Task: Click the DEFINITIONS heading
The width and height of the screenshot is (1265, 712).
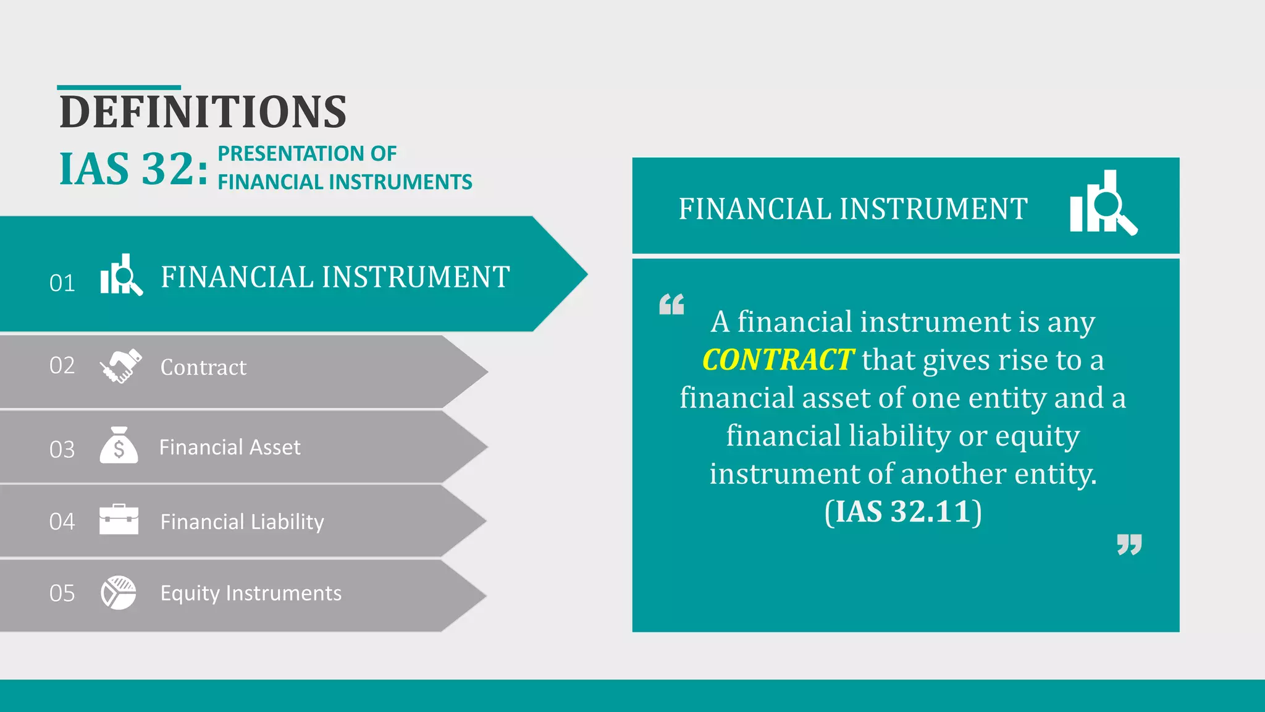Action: (x=203, y=112)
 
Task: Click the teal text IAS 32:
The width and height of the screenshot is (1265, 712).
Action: (x=133, y=169)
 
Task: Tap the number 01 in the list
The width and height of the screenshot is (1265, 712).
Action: (x=62, y=283)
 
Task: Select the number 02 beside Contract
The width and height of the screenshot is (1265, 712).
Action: (x=62, y=365)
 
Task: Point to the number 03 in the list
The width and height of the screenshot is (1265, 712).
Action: (x=62, y=449)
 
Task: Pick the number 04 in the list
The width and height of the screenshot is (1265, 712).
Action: (x=62, y=522)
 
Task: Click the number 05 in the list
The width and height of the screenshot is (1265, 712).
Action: (x=62, y=593)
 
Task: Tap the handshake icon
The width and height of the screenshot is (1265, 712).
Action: (x=120, y=366)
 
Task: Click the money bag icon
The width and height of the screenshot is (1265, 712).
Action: (x=119, y=446)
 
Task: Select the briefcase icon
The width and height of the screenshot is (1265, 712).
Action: (x=119, y=519)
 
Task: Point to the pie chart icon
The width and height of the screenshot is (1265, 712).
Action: (x=119, y=593)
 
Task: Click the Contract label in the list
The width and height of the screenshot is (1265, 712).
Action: (x=203, y=367)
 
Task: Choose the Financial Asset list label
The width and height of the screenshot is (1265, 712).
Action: (x=230, y=447)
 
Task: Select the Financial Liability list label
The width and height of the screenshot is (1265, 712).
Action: (x=242, y=522)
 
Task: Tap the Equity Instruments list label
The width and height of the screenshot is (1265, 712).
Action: (x=251, y=593)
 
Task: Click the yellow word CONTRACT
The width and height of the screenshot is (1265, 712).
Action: (x=778, y=360)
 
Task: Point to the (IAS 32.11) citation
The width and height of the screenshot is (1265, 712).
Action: (x=903, y=512)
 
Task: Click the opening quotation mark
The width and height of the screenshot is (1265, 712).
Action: (x=671, y=304)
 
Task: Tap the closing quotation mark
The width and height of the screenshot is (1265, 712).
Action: (x=1129, y=545)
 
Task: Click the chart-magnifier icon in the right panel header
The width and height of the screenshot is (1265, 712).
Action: (x=1103, y=203)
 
